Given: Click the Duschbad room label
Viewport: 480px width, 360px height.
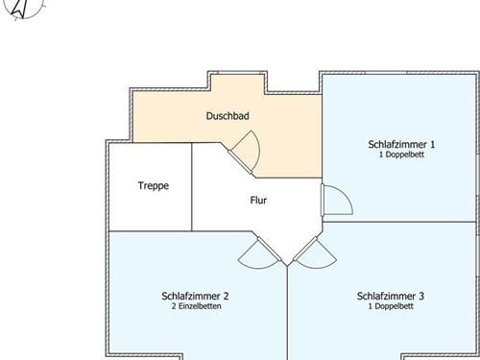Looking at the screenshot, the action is coord(228,116).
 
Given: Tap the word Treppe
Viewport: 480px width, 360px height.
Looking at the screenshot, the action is coord(154,186).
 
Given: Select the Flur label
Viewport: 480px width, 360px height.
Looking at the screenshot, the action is coord(258,201).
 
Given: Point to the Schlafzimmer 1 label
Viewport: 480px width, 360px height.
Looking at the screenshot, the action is coord(401,144).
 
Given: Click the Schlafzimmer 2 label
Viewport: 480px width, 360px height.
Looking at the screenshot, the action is coord(195,296).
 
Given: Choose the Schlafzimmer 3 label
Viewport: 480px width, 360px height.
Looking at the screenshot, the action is coord(391,296).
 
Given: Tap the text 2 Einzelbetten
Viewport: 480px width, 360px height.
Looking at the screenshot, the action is coord(196,306).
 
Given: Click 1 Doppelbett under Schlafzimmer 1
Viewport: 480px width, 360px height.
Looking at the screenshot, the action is coord(401,155).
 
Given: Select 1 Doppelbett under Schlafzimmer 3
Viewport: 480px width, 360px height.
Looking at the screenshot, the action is coord(391,306).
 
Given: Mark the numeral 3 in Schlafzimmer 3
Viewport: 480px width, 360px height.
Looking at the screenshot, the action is coord(421,296).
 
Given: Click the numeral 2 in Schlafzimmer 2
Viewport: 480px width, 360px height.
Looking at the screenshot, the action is coord(226,296).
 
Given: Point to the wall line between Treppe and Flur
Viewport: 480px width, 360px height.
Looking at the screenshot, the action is coord(192,187).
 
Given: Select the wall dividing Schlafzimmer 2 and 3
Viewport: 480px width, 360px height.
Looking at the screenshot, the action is coord(287,313).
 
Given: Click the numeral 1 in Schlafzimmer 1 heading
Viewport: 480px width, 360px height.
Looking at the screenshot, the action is coord(433,144).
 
